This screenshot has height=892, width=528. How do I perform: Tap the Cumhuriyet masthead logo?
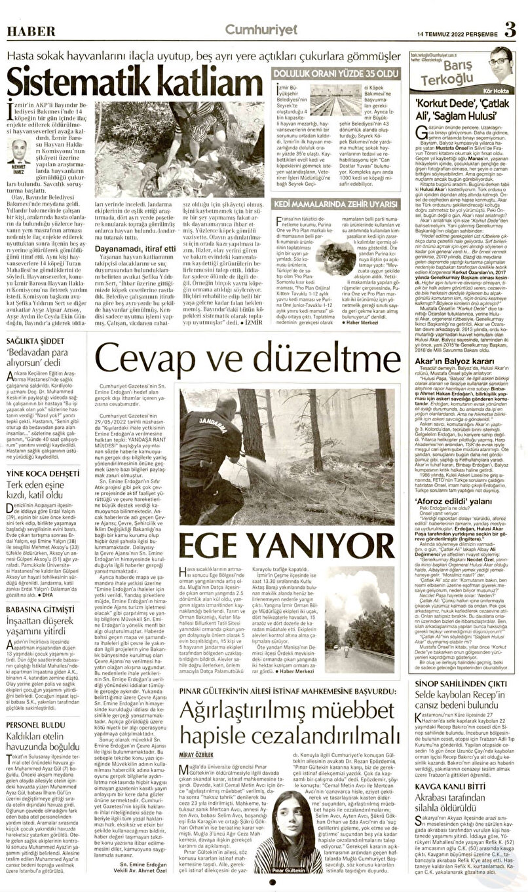point(261,29)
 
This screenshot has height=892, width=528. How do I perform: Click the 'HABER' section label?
point(26,32)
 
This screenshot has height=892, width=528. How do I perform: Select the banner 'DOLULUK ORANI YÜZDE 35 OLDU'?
point(335,75)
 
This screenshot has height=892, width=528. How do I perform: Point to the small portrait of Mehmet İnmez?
point(20,151)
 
